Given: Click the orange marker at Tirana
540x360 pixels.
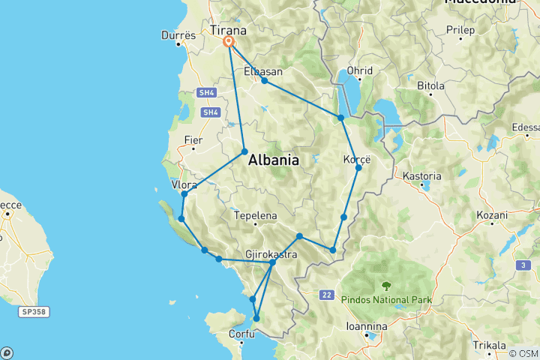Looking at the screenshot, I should [228, 43].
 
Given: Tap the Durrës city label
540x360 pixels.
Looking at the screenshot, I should [178, 35].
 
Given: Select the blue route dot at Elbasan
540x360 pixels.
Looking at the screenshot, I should [264, 80].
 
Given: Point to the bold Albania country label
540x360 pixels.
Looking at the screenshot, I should [273, 160].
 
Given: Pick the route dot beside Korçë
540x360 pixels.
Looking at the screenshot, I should [358, 167].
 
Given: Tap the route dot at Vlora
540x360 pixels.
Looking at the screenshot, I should [184, 194].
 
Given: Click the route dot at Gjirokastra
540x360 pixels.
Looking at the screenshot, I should [272, 262].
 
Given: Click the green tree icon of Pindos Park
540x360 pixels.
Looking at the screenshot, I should [386, 286].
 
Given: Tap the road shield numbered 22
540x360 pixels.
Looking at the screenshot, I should [326, 295].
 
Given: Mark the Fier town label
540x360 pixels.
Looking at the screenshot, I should [193, 139].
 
